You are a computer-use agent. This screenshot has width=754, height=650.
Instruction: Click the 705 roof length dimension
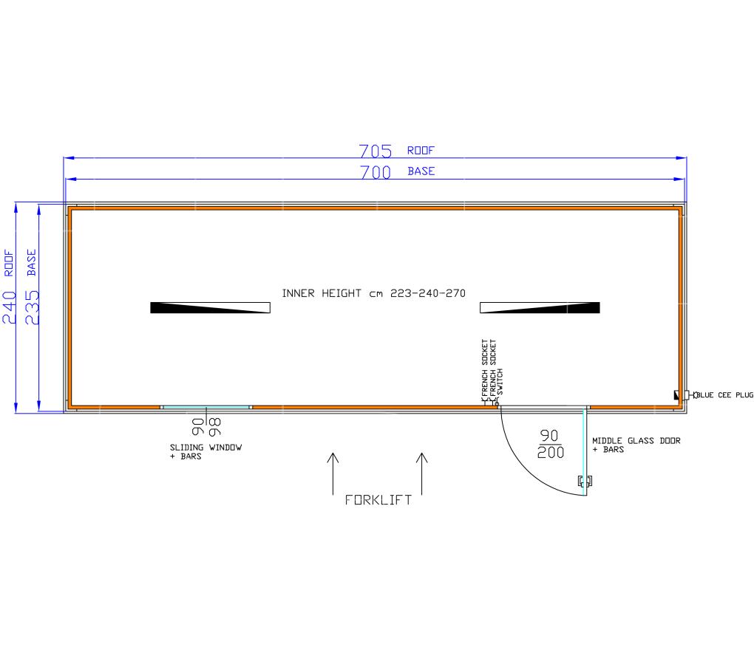[x=376, y=151]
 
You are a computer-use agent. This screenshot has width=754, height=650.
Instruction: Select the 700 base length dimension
[x=376, y=172]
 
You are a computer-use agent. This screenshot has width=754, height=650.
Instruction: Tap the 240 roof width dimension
[x=10, y=307]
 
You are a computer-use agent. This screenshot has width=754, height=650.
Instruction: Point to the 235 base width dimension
[x=33, y=307]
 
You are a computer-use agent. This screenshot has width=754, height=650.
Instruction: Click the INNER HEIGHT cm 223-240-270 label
[x=373, y=293]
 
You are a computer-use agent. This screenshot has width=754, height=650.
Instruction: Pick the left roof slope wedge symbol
[x=210, y=307]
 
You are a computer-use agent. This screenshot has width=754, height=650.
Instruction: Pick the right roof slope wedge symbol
[x=540, y=307]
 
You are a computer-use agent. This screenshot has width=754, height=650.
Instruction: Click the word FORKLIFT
[x=378, y=500]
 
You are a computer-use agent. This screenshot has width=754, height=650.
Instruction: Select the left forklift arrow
[x=333, y=473]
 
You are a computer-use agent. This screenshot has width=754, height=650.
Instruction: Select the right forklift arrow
[x=421, y=473]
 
